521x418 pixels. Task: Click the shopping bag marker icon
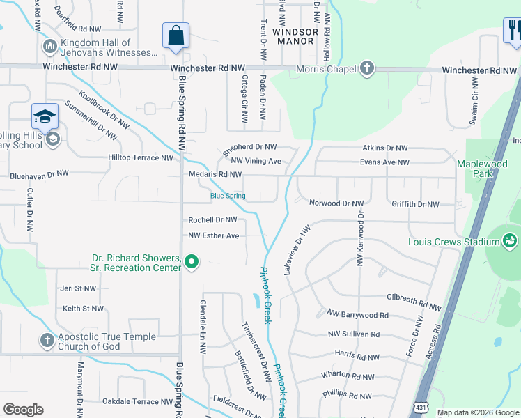point(176,35)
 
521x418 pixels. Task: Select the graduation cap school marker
point(45,116)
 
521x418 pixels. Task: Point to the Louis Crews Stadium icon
point(510,241)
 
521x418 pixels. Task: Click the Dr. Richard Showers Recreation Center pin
point(192,263)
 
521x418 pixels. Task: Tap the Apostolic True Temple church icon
point(47,341)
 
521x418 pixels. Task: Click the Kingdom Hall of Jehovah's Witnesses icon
point(49,47)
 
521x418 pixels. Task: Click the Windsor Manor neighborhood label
point(295,36)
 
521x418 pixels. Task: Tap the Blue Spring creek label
point(228,196)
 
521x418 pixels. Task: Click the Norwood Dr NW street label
point(336,203)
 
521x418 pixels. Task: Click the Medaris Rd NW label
point(215,174)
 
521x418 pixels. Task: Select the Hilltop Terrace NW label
point(140,158)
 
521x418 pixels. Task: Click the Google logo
point(24,410)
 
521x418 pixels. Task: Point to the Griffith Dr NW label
point(415,204)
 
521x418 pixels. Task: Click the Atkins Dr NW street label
point(384,148)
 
